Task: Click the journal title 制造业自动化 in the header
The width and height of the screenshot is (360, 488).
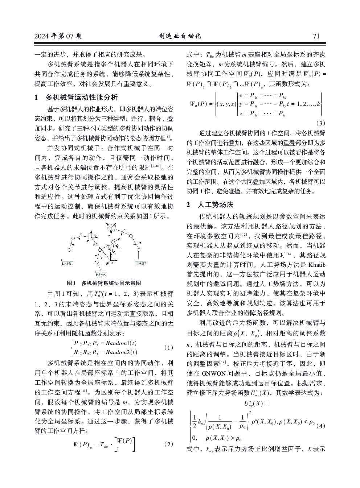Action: (180, 36)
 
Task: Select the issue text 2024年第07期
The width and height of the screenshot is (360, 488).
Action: (58, 36)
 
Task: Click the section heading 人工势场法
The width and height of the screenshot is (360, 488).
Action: (216, 205)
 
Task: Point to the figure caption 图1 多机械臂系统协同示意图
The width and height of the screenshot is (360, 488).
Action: (104, 283)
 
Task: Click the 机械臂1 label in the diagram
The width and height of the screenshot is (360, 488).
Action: (67, 264)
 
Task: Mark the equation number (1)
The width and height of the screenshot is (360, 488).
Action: (168, 347)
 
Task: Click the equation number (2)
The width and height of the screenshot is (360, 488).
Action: (168, 444)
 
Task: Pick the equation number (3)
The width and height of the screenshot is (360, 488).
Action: (321, 123)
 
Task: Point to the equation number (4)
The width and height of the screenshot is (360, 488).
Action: (321, 426)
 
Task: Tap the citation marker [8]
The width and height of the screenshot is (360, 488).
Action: (168, 136)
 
